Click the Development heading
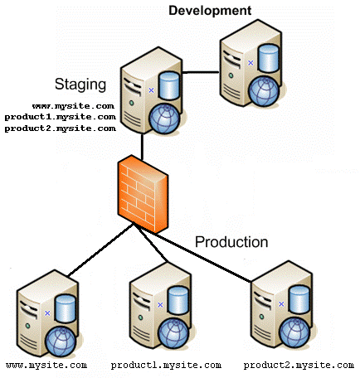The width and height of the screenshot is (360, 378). [x=210, y=11]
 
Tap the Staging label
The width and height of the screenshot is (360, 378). [x=80, y=85]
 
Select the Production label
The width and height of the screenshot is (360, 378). [x=231, y=242]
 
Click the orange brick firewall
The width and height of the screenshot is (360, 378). [x=143, y=194]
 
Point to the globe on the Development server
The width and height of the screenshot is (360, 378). [x=264, y=91]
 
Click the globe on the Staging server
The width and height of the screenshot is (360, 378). [x=164, y=119]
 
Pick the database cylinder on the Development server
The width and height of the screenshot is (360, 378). [x=268, y=58]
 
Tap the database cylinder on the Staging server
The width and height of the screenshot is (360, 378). [x=168, y=85]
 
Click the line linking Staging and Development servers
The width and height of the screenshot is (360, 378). [x=201, y=73]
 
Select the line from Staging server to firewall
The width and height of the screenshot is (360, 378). [x=142, y=147]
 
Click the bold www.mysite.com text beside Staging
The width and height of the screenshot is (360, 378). [x=73, y=106]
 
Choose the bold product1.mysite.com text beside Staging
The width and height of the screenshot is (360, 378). [x=61, y=117]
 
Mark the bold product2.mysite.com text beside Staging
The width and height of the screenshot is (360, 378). [x=61, y=128]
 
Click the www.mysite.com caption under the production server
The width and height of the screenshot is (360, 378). [x=46, y=366]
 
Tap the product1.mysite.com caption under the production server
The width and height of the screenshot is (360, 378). [x=166, y=366]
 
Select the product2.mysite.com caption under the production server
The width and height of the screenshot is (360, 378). [x=299, y=366]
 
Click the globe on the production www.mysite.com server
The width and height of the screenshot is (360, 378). [x=61, y=342]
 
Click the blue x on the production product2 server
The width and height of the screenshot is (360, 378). [x=281, y=304]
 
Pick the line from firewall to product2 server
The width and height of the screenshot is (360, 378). [x=193, y=254]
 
